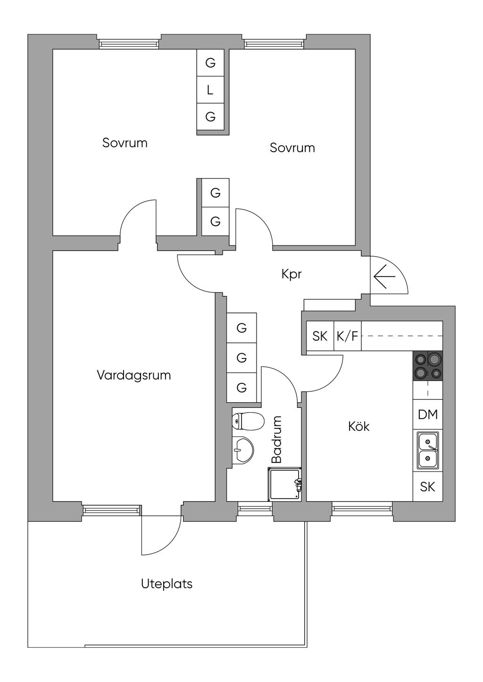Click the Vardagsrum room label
pyautogui.click(x=133, y=375)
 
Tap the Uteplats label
pyautogui.click(x=167, y=584)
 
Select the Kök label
pyautogui.click(x=359, y=426)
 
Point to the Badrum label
pyautogui.click(x=276, y=439)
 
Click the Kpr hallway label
pyautogui.click(x=291, y=275)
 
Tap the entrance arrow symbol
pyautogui.click(x=384, y=276)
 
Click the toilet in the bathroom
pyautogui.click(x=248, y=421)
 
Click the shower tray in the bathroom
pyautogui.click(x=285, y=484)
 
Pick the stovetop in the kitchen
pyautogui.click(x=427, y=365)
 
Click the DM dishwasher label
pyautogui.click(x=428, y=414)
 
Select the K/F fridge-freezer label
pyautogui.click(x=347, y=336)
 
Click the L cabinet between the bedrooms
pyautogui.click(x=210, y=90)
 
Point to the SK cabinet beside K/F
pyautogui.click(x=320, y=336)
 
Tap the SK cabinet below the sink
pyautogui.click(x=427, y=487)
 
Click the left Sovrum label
pyautogui.click(x=125, y=143)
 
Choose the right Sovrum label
pyautogui.click(x=292, y=148)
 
